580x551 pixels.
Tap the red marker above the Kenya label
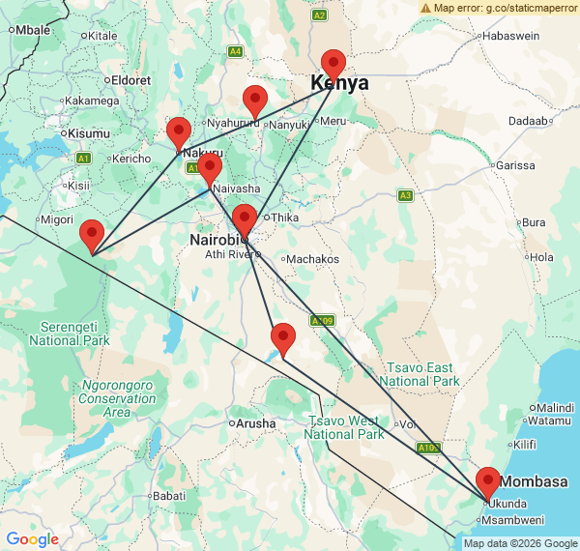click(x=333, y=64)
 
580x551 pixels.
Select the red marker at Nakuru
click(x=179, y=132)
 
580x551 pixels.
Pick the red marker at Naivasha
click(x=211, y=169)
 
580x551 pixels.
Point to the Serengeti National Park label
click(x=69, y=333)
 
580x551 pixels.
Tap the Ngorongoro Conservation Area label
click(x=117, y=398)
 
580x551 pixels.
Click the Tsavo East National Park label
click(x=420, y=374)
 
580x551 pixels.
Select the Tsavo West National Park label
click(x=343, y=427)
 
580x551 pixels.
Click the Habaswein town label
click(x=511, y=35)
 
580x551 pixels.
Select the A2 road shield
click(x=320, y=15)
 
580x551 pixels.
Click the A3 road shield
click(x=405, y=195)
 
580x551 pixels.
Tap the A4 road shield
click(x=235, y=50)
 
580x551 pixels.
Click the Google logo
click(x=32, y=539)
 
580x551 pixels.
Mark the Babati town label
click(x=169, y=496)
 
